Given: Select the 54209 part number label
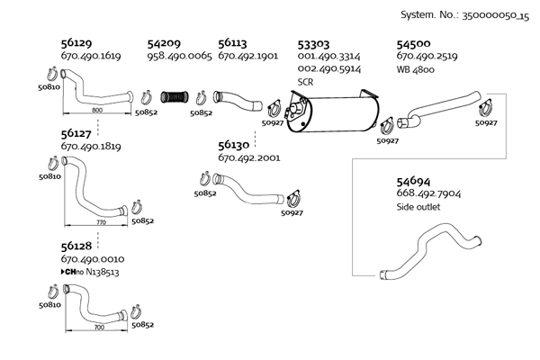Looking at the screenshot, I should tap(164, 42).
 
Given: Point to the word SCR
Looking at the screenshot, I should tap(305, 81).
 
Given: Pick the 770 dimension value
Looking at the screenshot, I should tap(101, 220).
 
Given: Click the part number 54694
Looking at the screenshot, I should tap(415, 180).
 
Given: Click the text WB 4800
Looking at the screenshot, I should tap(417, 68).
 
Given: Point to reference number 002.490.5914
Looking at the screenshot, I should tap(329, 68).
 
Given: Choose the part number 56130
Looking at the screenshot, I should tap(235, 144).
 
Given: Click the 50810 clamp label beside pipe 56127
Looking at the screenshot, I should tap(49, 177).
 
